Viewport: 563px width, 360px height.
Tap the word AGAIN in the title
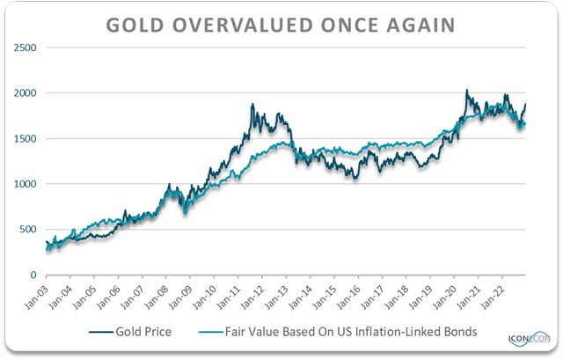(421, 25)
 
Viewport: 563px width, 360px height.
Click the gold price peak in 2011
(252, 105)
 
